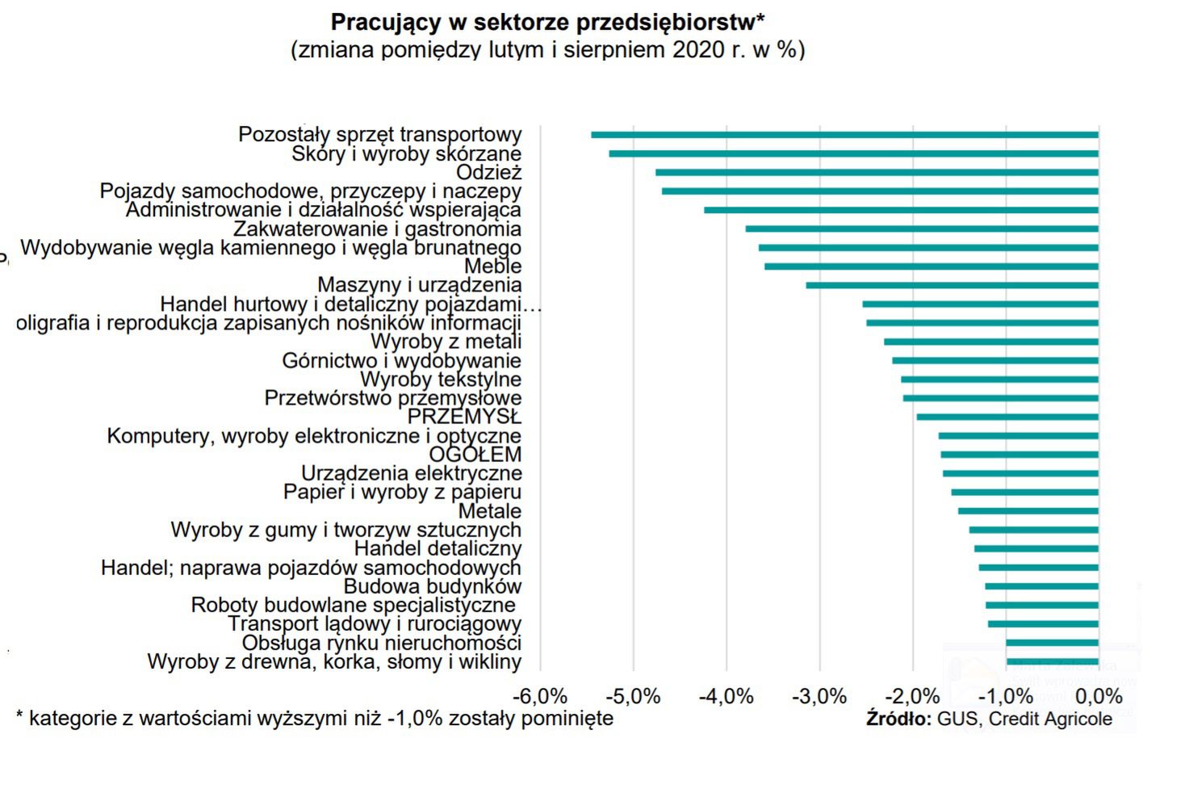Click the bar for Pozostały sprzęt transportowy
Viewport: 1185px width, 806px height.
tap(844, 135)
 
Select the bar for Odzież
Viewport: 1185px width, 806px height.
tap(877, 172)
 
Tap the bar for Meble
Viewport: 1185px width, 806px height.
tap(932, 267)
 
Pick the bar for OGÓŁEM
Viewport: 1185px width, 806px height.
tap(1020, 455)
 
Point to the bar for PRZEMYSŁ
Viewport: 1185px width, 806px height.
tap(1007, 417)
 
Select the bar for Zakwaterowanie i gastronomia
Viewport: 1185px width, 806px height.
tap(922, 229)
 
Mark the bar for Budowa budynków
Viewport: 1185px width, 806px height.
tap(1041, 586)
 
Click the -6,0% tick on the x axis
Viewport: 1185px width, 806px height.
tap(540, 696)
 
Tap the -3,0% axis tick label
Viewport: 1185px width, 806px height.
tap(819, 696)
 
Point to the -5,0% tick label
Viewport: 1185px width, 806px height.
tap(633, 696)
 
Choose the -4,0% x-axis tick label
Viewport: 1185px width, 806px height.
tap(726, 696)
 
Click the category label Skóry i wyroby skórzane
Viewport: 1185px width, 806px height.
tap(406, 153)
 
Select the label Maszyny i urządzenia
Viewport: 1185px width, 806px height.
tap(419, 285)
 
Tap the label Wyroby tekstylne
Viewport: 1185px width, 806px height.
tap(440, 380)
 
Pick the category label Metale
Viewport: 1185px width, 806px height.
tap(489, 511)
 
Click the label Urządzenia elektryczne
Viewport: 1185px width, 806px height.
tap(411, 473)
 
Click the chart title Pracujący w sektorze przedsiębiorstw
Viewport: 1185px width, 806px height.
tap(547, 23)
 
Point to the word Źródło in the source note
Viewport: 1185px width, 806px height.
tap(898, 719)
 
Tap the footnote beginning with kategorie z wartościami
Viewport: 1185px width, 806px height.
tap(315, 718)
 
